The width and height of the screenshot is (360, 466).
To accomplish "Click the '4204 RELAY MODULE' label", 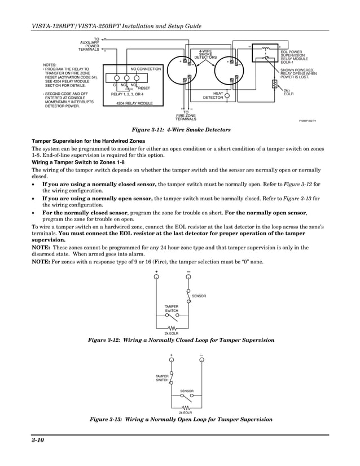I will pos(134,104).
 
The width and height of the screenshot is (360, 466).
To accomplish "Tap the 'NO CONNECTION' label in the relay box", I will pos(146,69).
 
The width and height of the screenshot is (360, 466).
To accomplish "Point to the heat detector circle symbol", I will pos(227,95).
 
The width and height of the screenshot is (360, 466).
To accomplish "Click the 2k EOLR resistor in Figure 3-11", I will pos(274,85).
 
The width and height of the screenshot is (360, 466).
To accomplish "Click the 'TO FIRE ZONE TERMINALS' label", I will pos(186,116).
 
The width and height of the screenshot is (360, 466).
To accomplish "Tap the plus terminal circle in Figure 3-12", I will pos(157,277).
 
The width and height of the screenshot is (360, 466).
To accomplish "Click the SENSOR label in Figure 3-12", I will pos(199,296).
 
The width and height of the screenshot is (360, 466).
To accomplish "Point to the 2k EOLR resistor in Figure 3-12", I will pos(172,327).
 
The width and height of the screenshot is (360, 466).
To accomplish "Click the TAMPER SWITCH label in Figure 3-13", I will pos(163,378).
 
